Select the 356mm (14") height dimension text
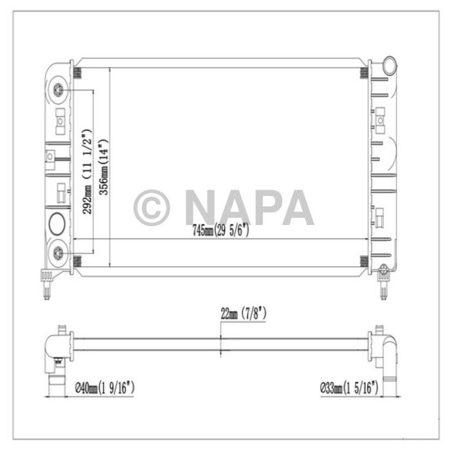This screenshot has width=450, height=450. coord(103,166)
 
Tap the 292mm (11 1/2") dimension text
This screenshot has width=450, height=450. coord(88,171)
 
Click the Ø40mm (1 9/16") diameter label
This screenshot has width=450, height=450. coord(104,388)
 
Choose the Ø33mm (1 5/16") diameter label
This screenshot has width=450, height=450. coord(350,388)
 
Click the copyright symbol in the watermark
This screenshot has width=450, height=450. coord(152,208)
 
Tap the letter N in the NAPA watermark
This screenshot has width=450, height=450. coord(200,208)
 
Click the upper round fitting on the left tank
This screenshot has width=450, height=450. coord(59,90)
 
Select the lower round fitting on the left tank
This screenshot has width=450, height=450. coord(59,252)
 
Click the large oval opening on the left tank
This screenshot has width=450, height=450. coord(56,224)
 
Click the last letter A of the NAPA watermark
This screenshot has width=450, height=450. coord(296,208)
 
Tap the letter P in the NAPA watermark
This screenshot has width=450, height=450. coord(263,208)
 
